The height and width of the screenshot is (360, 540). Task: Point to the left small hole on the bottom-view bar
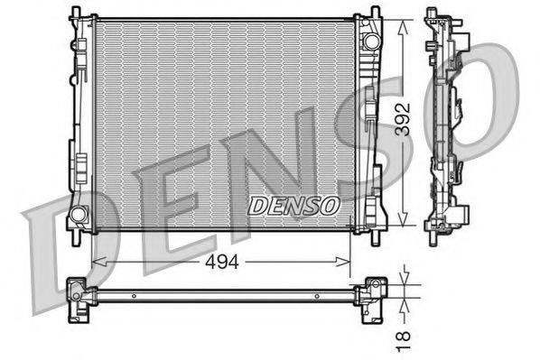click(x=134, y=295)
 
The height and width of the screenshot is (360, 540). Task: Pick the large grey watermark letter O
click(x=492, y=99)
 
